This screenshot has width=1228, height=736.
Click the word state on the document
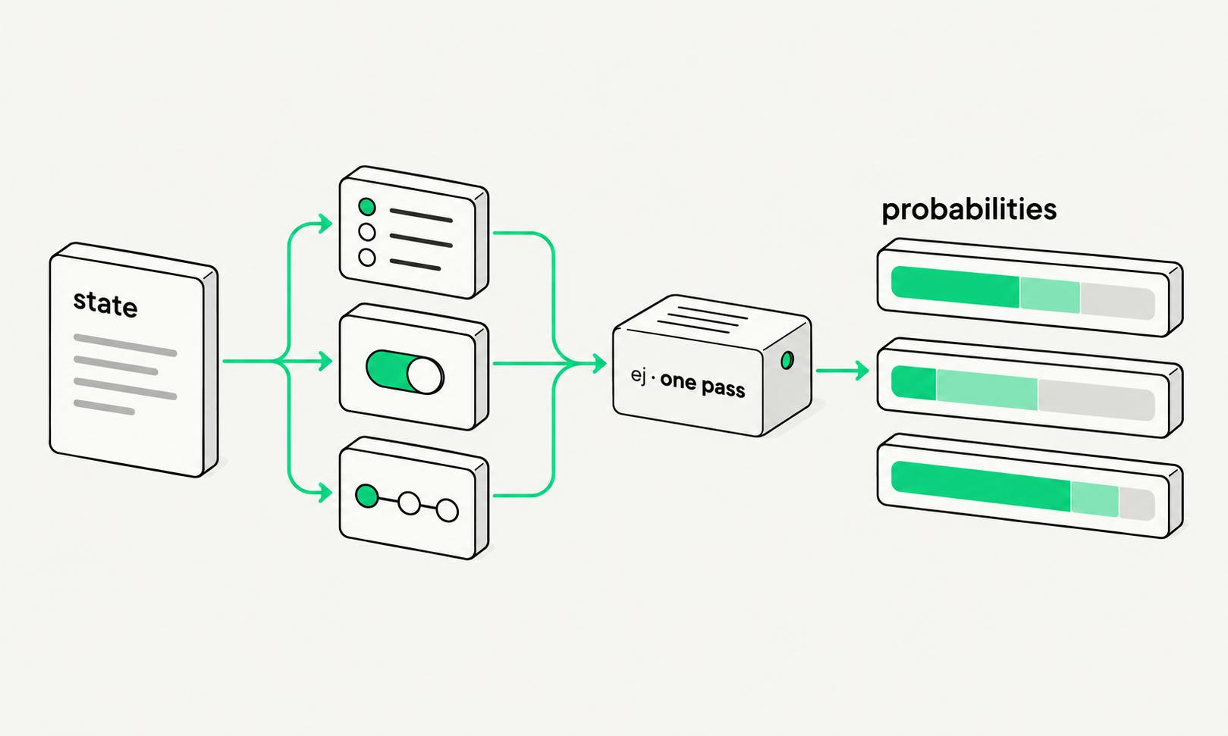[x=105, y=304]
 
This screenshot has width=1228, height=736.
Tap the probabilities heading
[x=969, y=211]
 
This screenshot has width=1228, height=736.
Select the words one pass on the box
[x=702, y=385]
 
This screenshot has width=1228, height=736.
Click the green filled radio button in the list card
[x=367, y=207]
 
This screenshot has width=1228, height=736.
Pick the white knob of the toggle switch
[x=425, y=376]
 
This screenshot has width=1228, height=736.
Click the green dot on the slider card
[x=367, y=496]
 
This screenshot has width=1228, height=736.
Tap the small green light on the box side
[x=787, y=360]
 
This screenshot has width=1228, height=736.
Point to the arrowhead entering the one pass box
[x=599, y=363]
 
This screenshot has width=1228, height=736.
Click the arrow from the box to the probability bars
[x=842, y=371]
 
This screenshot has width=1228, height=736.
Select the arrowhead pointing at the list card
[x=325, y=224]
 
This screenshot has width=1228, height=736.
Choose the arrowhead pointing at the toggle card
[x=325, y=362]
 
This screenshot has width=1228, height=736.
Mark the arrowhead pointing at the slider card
[x=325, y=493]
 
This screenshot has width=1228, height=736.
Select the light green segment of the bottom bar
[x=1095, y=500]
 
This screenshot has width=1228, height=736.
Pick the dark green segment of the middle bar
[x=914, y=383]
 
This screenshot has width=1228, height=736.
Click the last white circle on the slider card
[x=447, y=510]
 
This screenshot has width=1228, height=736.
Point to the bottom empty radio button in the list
[x=367, y=257]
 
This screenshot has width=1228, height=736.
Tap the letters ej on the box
[x=638, y=377]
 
